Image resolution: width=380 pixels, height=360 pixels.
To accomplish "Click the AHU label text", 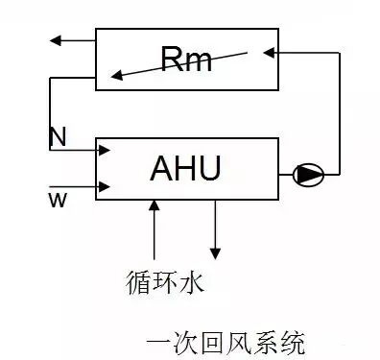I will (185, 168).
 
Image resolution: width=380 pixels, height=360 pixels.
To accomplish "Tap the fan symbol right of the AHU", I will (309, 175).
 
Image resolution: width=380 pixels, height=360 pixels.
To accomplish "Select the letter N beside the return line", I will (58, 137).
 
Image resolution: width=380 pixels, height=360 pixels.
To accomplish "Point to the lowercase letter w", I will (57, 198).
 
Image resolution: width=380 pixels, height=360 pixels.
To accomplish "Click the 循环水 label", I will (164, 283).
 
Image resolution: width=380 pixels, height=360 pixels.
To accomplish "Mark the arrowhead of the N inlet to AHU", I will (107, 151).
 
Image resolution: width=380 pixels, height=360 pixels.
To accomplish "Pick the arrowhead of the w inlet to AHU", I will (107, 186).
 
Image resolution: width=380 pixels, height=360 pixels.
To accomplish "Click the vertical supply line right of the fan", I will (340, 115).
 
